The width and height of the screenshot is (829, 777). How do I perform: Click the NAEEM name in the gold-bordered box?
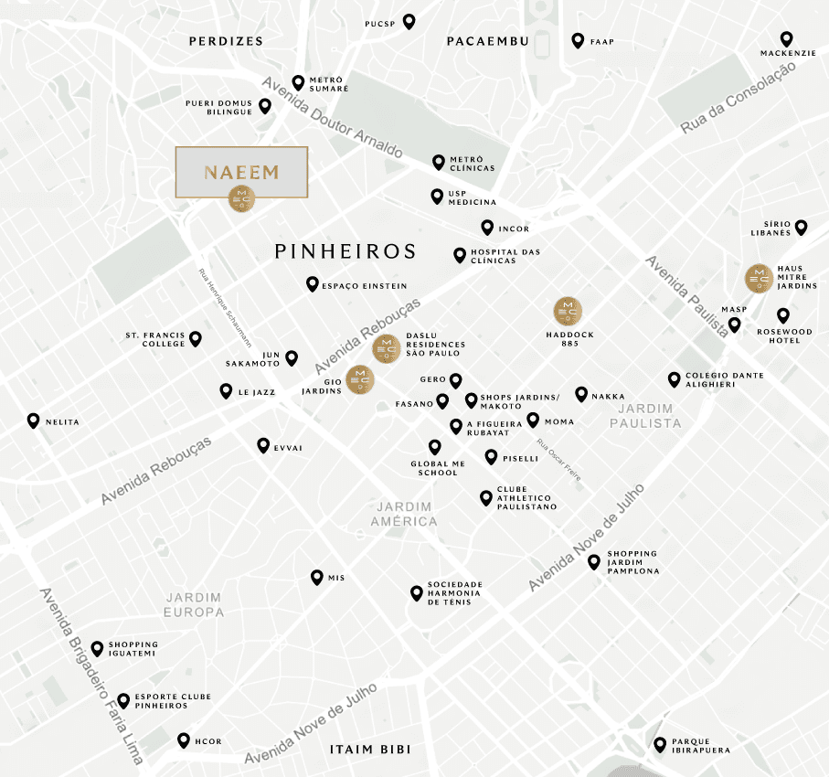coord(241,172)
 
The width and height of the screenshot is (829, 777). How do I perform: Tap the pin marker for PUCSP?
coord(409,21)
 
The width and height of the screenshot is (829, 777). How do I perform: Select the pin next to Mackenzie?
coord(787,39)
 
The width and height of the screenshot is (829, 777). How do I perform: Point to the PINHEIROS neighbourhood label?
coord(345,251)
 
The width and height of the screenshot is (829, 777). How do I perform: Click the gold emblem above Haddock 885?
coord(568,312)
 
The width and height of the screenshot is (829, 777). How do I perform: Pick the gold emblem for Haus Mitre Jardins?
coord(759,278)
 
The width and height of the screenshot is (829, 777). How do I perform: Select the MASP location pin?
coord(734,325)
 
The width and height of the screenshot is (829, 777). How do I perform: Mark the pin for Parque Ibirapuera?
coord(660,744)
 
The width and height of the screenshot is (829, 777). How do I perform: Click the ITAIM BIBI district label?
coord(369,750)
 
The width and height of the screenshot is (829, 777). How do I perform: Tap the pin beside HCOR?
coord(182,740)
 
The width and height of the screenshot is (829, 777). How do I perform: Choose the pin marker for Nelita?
coord(34,420)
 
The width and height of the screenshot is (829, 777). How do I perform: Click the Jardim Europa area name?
coord(193,604)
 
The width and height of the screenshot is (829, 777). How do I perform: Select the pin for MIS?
coord(316,577)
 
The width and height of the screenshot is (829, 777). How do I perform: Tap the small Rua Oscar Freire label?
coord(559,461)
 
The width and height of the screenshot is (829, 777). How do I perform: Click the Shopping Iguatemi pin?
coord(97,648)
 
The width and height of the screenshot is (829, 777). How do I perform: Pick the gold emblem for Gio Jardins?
coord(360,378)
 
